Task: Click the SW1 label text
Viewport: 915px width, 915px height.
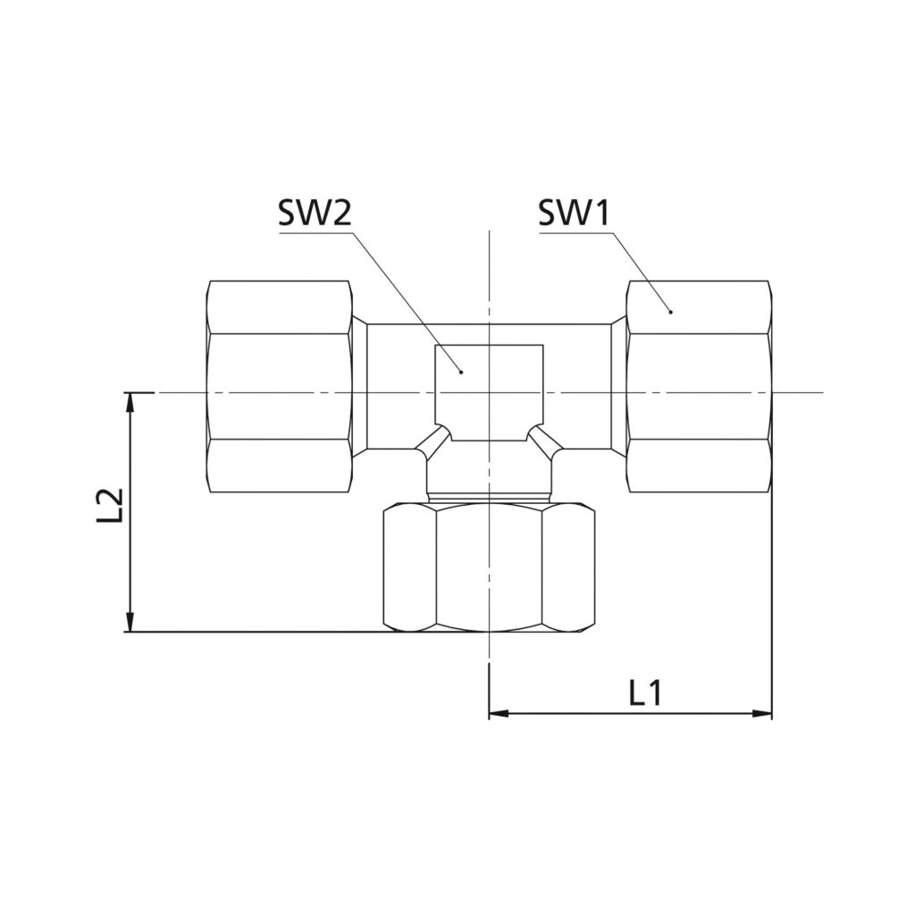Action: point(574,213)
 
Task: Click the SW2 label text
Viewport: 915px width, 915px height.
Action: point(315,213)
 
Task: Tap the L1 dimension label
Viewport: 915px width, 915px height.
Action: point(645,693)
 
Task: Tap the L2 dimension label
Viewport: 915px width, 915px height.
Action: point(110,504)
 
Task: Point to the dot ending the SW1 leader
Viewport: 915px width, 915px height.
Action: point(670,312)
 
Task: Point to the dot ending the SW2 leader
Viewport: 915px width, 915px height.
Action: point(461,371)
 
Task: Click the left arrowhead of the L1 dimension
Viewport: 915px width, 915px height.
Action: point(499,713)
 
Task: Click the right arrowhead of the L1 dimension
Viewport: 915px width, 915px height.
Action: point(762,713)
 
